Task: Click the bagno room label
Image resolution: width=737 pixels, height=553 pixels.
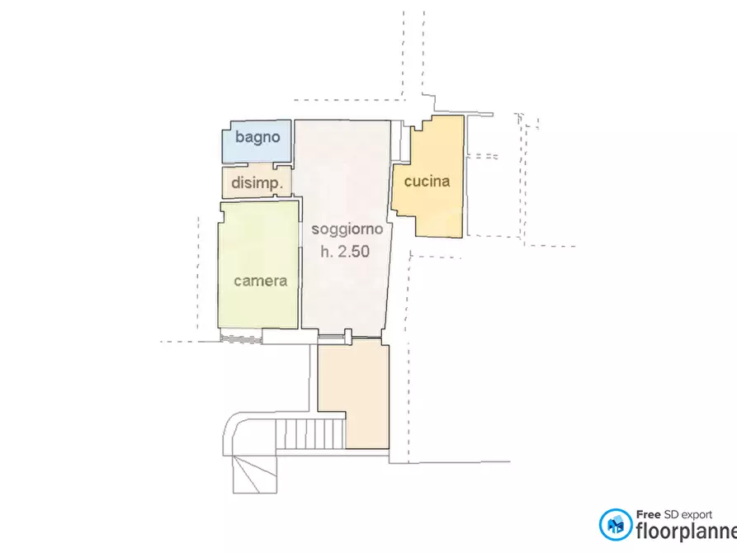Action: coord(257,137)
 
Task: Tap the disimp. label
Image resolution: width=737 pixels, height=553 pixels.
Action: coord(257,183)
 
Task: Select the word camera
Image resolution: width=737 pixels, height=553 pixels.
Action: coord(260,281)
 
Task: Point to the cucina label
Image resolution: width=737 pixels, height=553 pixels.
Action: coord(428,181)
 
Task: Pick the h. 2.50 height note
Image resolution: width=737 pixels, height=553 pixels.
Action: coord(345,253)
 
